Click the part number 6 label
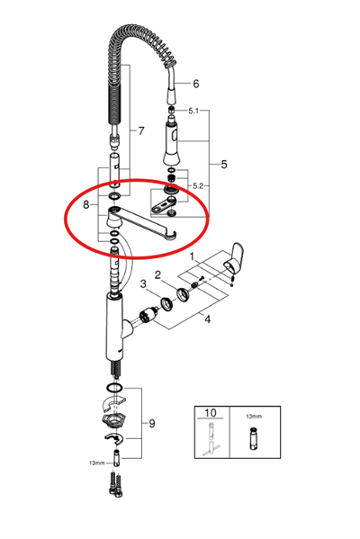coord(195,84)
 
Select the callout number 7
coord(141,131)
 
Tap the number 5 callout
coord(224,165)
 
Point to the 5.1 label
coord(193,111)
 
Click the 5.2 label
coord(198,186)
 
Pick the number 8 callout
coord(86,205)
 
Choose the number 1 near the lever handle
coord(192,256)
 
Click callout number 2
coord(157,274)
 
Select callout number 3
coord(143,284)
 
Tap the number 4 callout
coord(207,319)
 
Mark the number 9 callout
coord(152,424)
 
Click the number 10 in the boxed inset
coord(210,412)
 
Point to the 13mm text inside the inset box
coord(254,417)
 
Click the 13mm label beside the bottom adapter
coord(96,463)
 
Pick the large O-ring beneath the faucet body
coord(114,388)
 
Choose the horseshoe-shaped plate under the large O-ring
coord(113,404)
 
